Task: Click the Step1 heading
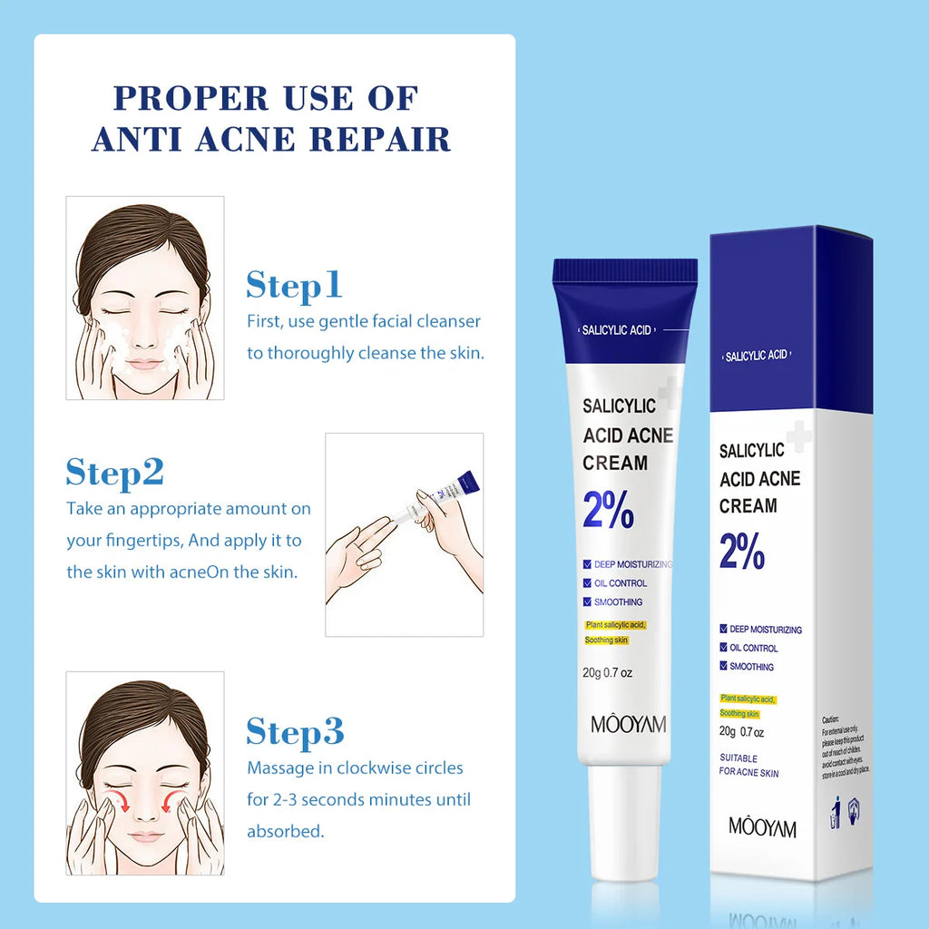tap(294, 285)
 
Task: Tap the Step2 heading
tap(114, 473)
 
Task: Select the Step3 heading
tap(295, 731)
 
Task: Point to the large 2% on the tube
tap(608, 512)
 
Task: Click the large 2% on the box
tap(742, 552)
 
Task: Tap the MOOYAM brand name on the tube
tap(628, 723)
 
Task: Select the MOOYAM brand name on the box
tap(762, 826)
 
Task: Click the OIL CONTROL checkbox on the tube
tap(588, 583)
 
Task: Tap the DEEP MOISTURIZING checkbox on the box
tap(723, 629)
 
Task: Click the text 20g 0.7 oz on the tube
tap(607, 673)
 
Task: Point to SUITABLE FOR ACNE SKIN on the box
tap(748, 765)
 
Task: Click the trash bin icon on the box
tap(835, 814)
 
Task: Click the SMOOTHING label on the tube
tap(618, 602)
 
